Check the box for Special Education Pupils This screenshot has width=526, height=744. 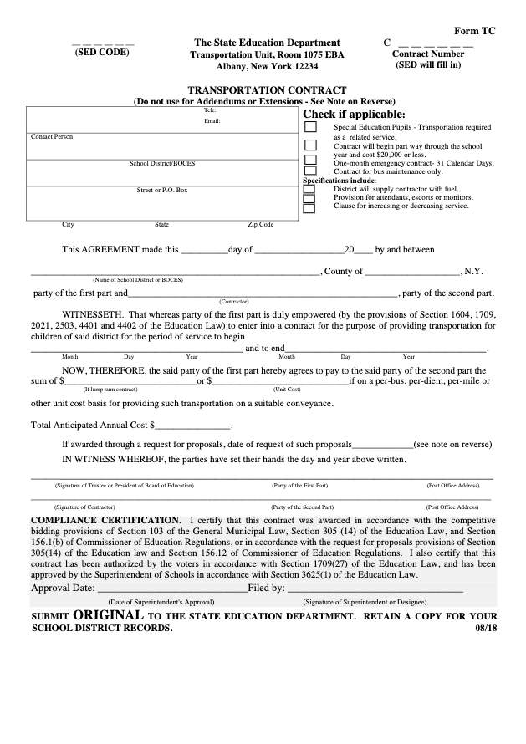click(x=310, y=127)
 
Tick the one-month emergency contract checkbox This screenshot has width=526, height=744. click(x=310, y=160)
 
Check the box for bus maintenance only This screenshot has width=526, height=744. click(x=310, y=171)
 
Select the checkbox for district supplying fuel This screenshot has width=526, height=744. click(x=309, y=189)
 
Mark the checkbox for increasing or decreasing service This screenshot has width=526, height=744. click(x=309, y=207)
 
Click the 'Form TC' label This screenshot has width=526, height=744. click(x=475, y=29)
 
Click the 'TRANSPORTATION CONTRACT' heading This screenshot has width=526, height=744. click(x=267, y=89)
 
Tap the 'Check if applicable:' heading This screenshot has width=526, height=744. click(x=354, y=114)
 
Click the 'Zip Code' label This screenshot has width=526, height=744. click(x=260, y=225)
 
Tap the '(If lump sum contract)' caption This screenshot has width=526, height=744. click(x=110, y=390)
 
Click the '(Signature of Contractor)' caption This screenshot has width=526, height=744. click(x=84, y=507)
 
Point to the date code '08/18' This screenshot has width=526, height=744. click(x=485, y=629)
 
